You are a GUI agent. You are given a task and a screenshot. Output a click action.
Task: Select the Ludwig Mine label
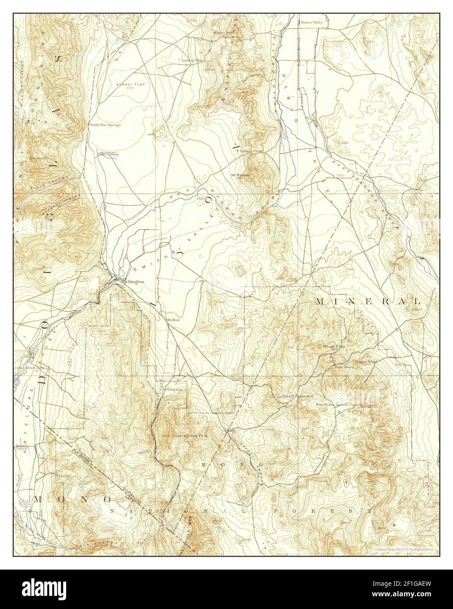click(193, 60)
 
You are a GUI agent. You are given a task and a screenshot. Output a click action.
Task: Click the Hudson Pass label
click(251, 152)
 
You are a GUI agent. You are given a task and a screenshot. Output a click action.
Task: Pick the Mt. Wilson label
click(240, 175)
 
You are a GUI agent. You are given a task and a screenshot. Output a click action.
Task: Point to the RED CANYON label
click(46, 181)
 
